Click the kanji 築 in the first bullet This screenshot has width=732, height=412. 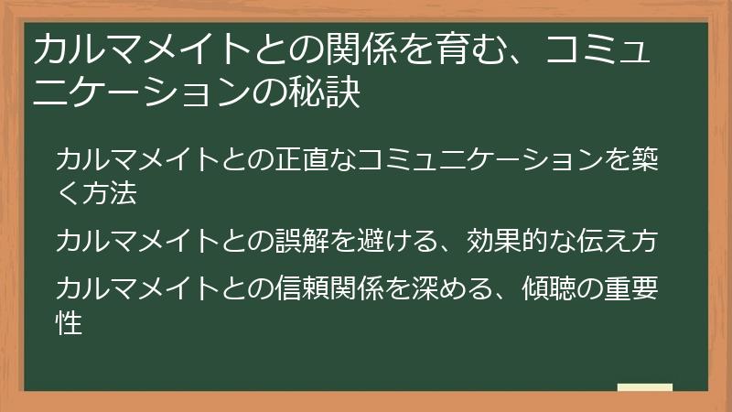coord(658,159)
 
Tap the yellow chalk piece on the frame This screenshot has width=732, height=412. coord(645,388)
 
